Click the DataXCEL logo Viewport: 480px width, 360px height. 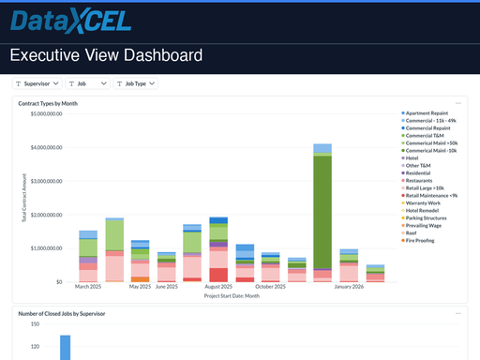(71, 22)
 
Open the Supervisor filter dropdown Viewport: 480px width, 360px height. (37, 83)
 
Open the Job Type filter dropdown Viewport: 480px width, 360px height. (136, 83)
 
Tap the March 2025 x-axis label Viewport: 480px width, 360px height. (88, 287)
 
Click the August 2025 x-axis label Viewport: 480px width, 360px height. (217, 287)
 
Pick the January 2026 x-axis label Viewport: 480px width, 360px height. (349, 287)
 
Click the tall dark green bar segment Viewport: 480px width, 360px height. (322, 211)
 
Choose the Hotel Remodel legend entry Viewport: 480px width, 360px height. (427, 210)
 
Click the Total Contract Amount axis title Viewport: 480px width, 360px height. (23, 197)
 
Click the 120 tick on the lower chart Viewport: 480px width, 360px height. (34, 347)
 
